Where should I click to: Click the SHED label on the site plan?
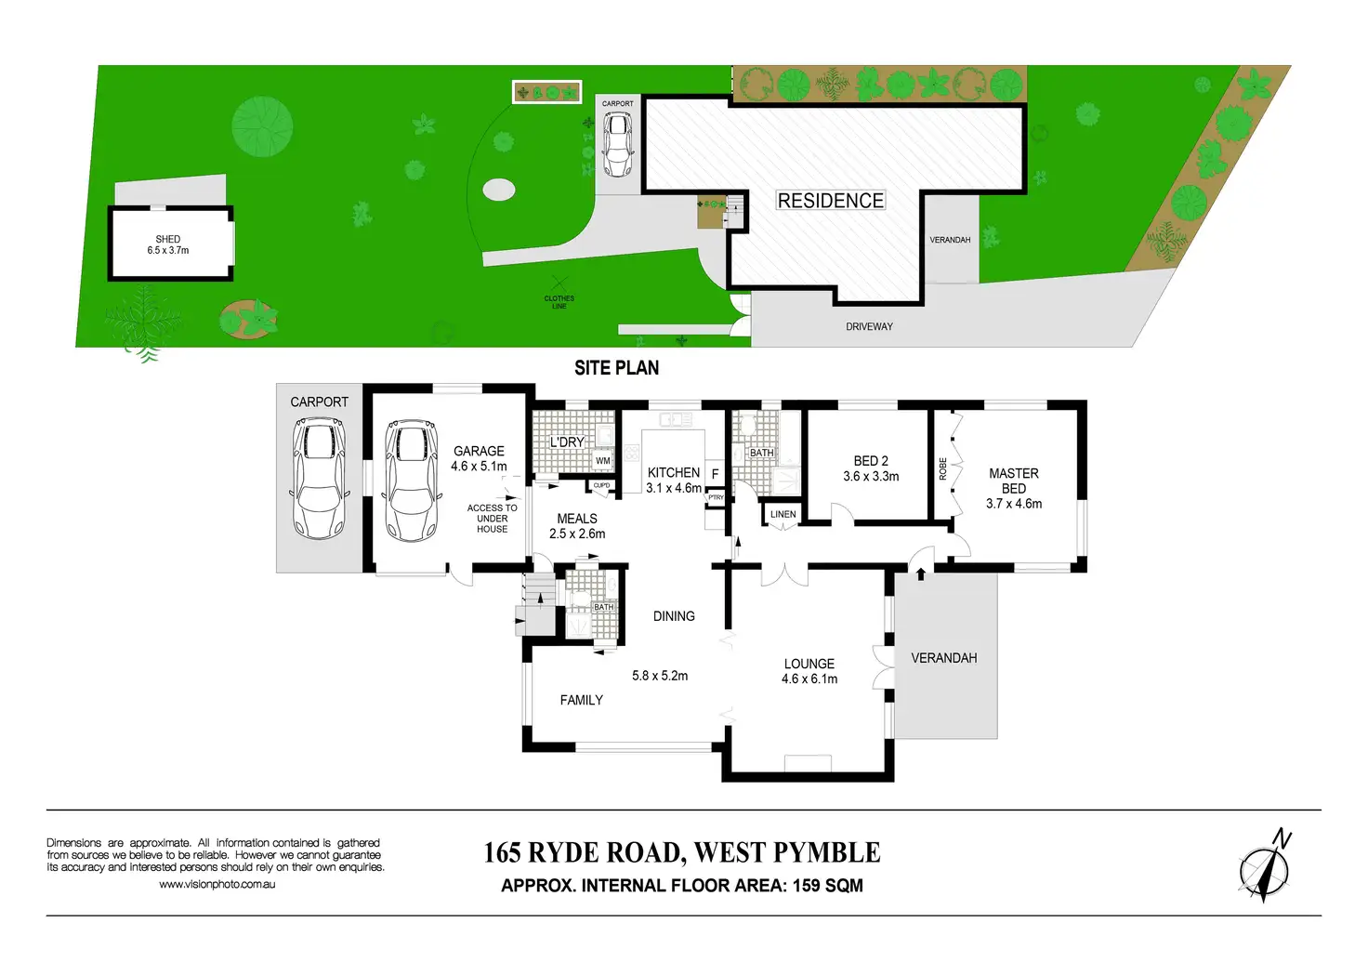point(168,240)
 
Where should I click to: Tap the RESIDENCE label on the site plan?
point(830,201)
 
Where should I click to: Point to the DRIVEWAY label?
point(869,327)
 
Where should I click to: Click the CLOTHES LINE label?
point(559,302)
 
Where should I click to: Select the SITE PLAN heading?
point(616,368)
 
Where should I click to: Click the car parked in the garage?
point(411,481)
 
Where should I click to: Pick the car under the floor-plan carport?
point(319,478)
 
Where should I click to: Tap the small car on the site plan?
point(617,145)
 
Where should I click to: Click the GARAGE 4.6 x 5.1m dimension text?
point(479,466)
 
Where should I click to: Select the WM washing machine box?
point(603,461)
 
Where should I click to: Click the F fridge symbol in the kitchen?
point(715,474)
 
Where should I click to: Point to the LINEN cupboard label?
point(783,514)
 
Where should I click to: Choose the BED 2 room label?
point(871,461)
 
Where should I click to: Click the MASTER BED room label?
point(1013,481)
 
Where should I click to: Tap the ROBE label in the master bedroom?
point(943,468)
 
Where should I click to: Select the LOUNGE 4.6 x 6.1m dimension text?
point(809,679)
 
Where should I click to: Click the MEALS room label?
point(577,519)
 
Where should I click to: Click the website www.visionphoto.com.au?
point(217,885)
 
